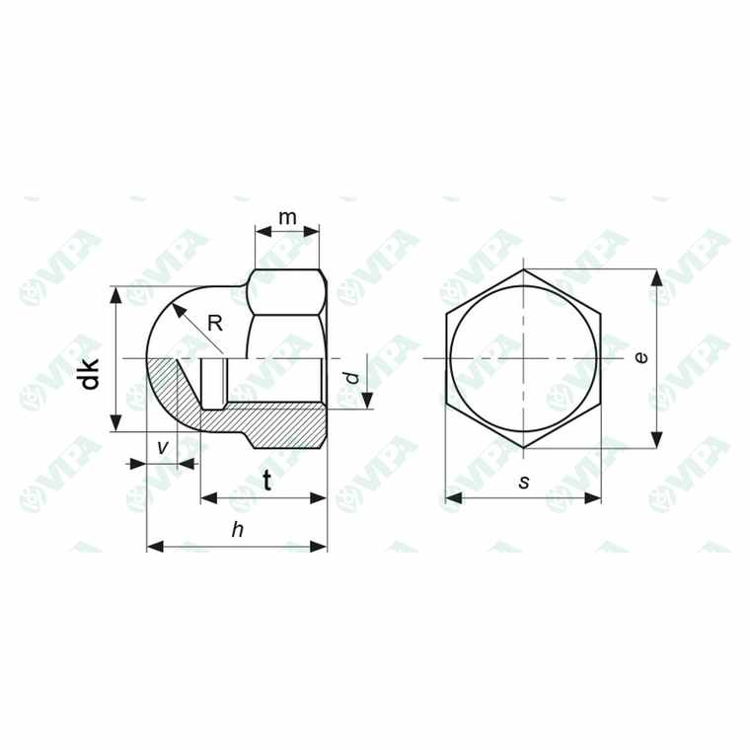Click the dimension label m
coord(287,215)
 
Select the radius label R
coord(214,322)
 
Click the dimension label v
coord(163,446)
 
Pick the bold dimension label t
coord(267,481)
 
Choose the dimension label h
coord(237,530)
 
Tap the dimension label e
coord(641,357)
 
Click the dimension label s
coord(524,482)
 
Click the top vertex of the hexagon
coord(523,268)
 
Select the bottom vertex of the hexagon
coord(523,448)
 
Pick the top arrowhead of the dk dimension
coord(117,292)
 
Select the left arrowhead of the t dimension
coord(206,498)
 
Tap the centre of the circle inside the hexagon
coord(523,358)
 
